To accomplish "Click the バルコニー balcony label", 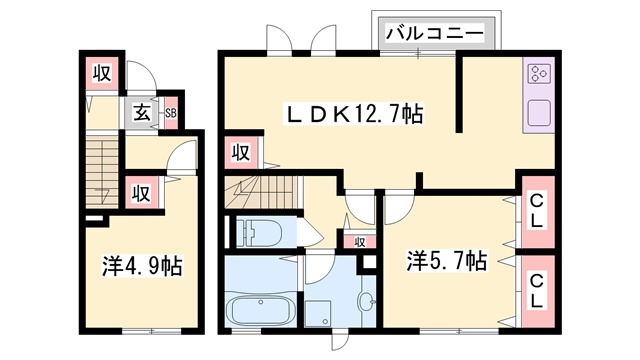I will tap(435, 34).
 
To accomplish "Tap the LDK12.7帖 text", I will tap(355, 115).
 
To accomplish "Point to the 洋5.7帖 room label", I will tap(446, 262).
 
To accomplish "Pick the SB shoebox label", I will tap(171, 113).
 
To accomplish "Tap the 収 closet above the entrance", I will tap(101, 73).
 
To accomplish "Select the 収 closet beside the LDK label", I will tap(240, 152).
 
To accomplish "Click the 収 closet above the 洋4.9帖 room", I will tap(143, 192).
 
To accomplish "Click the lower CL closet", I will tap(537, 290).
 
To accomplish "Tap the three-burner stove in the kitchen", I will tap(539, 74).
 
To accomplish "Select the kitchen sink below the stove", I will tap(539, 113).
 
